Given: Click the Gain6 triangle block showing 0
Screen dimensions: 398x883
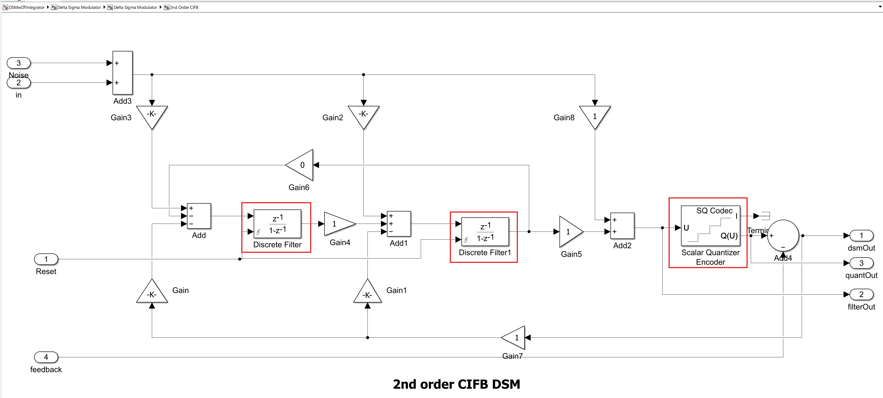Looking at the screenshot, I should pyautogui.click(x=301, y=165).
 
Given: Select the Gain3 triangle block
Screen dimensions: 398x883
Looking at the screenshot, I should pyautogui.click(x=152, y=115).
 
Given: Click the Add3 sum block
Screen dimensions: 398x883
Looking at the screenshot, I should pyautogui.click(x=123, y=73).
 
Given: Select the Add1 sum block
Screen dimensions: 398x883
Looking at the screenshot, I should pyautogui.click(x=399, y=224).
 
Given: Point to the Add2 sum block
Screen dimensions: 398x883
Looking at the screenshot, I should pyautogui.click(x=622, y=226).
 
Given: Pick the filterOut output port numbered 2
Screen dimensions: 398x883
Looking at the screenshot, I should pyautogui.click(x=861, y=294).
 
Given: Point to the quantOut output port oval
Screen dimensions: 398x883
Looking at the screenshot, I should pyautogui.click(x=861, y=263).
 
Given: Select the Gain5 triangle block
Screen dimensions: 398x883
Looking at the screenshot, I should pyautogui.click(x=569, y=232).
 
